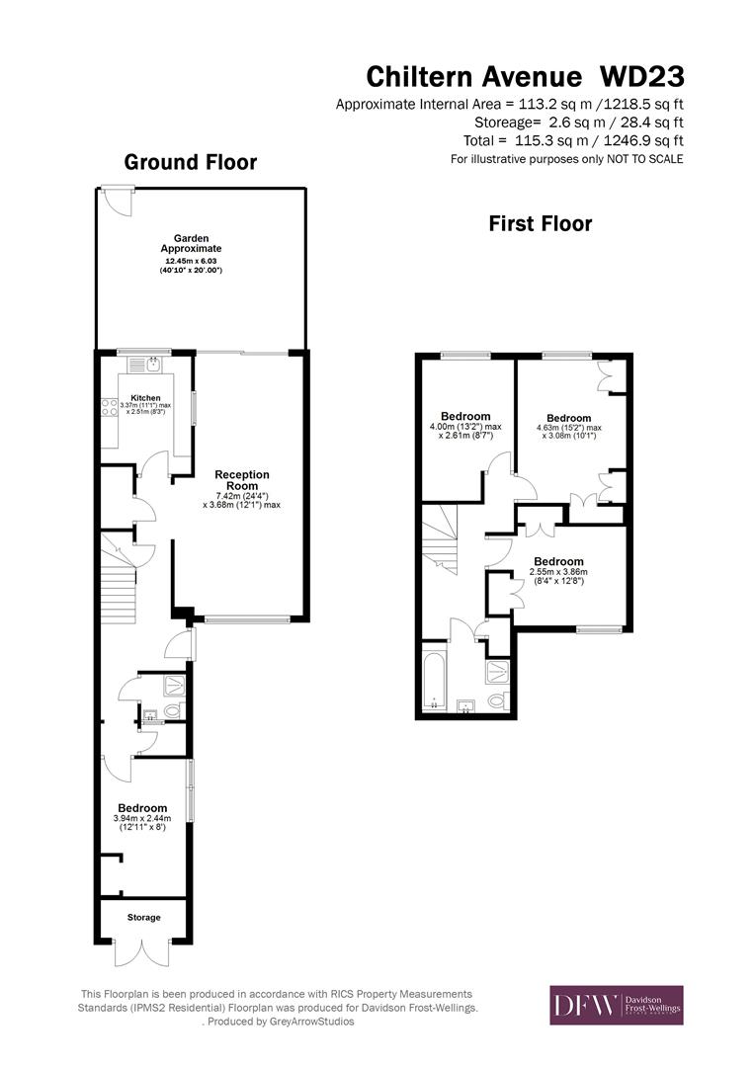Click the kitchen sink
tap(154, 366)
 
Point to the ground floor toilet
tap(173, 710)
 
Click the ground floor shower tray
tap(173, 684)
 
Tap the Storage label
tap(143, 918)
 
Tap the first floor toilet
tap(497, 701)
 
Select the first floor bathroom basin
tap(467, 705)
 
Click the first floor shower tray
tap(497, 672)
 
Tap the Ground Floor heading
tap(191, 162)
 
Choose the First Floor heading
tap(541, 224)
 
